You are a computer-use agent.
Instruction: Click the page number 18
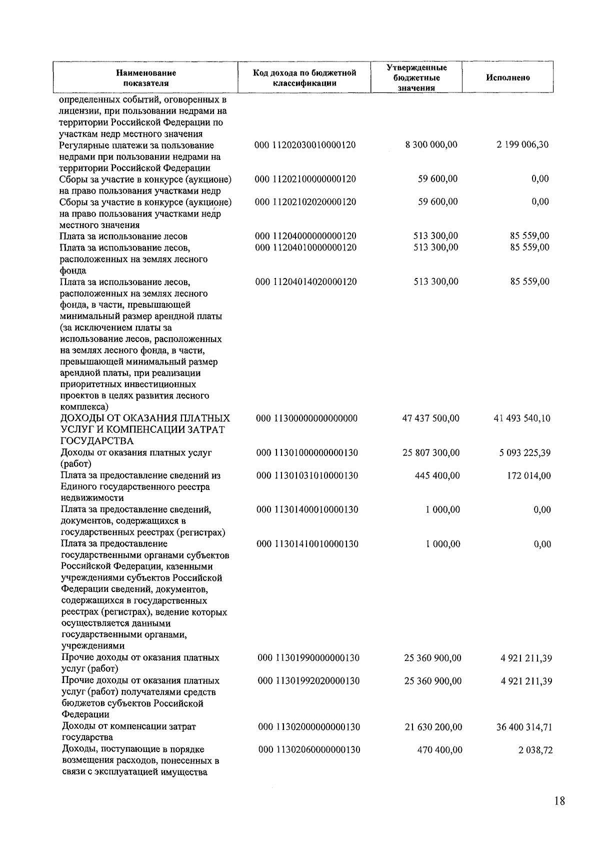click(559, 801)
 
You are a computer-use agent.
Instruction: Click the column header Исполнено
click(507, 77)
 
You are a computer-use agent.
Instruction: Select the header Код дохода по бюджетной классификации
click(304, 77)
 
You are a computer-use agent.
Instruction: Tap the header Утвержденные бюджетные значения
click(416, 77)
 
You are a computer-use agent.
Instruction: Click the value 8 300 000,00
click(431, 144)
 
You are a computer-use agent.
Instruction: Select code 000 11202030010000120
click(305, 145)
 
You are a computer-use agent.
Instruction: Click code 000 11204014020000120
click(306, 281)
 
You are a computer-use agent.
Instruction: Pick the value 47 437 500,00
click(430, 418)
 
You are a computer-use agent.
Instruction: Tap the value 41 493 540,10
click(522, 418)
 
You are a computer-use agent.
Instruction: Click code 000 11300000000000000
click(306, 418)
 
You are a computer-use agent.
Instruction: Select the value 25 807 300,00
click(431, 452)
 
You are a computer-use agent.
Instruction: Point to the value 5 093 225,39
click(524, 452)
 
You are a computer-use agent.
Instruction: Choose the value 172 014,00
click(529, 475)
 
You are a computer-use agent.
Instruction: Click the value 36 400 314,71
click(524, 726)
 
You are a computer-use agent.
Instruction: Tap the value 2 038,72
click(535, 749)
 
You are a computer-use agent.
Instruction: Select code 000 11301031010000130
click(307, 475)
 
